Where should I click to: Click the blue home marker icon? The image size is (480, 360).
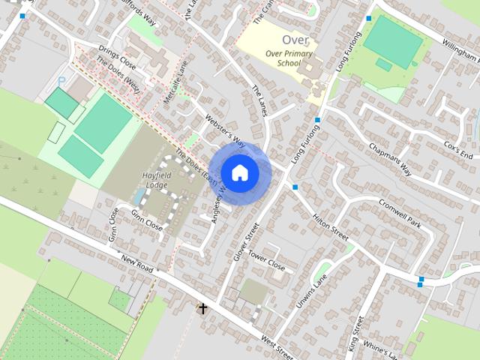point(239,172)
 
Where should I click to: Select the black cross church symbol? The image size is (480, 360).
point(202,307)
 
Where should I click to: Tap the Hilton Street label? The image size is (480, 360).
point(331,223)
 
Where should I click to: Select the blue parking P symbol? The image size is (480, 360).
point(62,79)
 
